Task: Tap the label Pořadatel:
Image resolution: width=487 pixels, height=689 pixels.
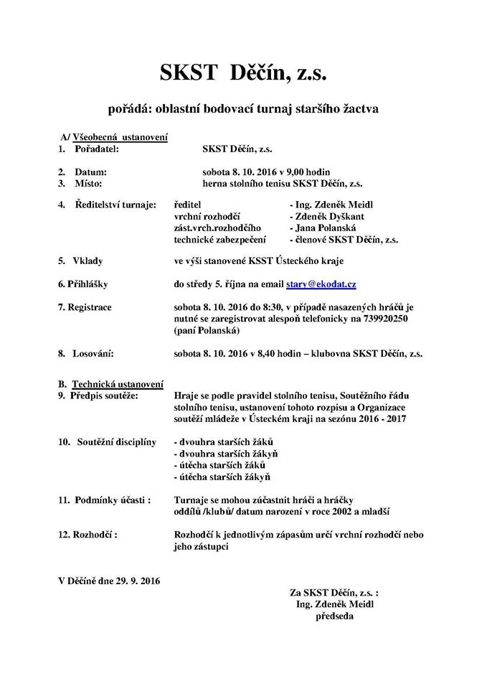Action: click(x=96, y=149)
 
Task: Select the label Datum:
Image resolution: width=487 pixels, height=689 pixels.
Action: click(x=90, y=172)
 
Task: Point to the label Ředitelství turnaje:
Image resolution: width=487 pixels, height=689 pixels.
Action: click(x=115, y=205)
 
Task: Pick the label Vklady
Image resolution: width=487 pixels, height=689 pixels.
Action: click(x=88, y=262)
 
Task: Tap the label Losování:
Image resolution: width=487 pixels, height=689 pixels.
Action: click(x=93, y=353)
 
